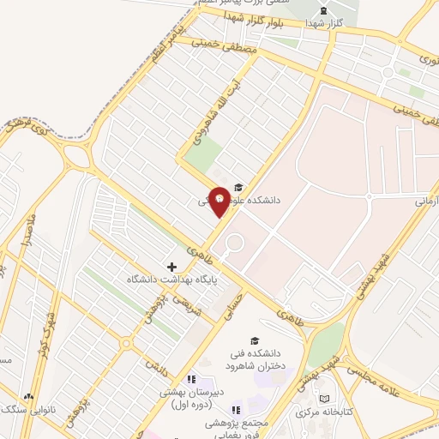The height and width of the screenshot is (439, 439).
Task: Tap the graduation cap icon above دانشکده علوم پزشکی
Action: point(238,187)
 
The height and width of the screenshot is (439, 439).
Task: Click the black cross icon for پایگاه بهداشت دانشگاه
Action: point(171,267)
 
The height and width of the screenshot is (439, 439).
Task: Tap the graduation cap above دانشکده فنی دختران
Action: point(254,340)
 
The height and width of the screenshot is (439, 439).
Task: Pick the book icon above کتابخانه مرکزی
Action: point(323,398)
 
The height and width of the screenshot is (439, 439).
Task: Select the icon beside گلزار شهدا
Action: point(323,11)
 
